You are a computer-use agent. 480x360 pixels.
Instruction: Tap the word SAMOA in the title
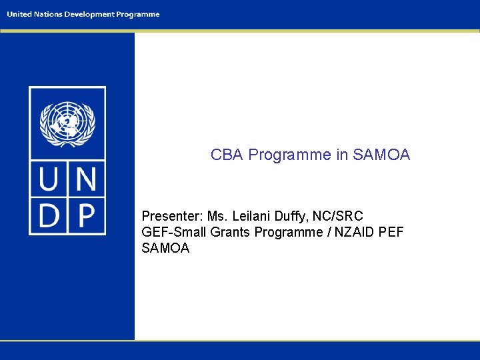tap(381, 155)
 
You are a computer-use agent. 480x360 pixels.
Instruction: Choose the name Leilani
tap(255, 216)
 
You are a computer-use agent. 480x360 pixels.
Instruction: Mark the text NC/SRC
tap(340, 216)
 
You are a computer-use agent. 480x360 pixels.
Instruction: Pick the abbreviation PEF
tap(391, 232)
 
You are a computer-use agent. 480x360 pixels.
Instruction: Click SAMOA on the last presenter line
tap(166, 248)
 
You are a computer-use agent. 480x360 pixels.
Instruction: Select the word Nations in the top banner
tap(47, 15)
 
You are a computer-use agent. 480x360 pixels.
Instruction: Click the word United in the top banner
tap(19, 15)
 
